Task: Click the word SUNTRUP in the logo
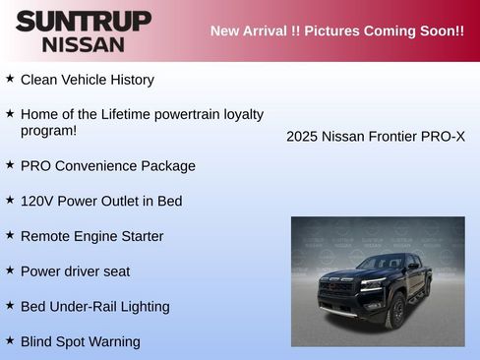pyautogui.click(x=84, y=21)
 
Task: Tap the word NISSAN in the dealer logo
pyautogui.click(x=84, y=44)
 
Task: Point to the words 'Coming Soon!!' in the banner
pyautogui.click(x=413, y=30)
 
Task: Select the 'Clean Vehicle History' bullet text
pyautogui.click(x=87, y=80)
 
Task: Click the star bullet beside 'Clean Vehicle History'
pyautogui.click(x=10, y=78)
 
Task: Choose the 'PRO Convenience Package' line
pyautogui.click(x=107, y=166)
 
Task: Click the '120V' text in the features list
pyautogui.click(x=36, y=201)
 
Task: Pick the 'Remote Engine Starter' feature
pyautogui.click(x=91, y=236)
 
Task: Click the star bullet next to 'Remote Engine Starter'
pyautogui.click(x=10, y=235)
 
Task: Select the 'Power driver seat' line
pyautogui.click(x=75, y=271)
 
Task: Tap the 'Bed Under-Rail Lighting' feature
pyautogui.click(x=94, y=307)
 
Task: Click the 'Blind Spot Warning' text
pyautogui.click(x=80, y=341)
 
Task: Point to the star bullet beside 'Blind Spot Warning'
pyautogui.click(x=10, y=340)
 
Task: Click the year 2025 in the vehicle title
pyautogui.click(x=302, y=137)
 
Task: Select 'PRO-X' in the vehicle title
pyautogui.click(x=443, y=137)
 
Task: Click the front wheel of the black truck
pyautogui.click(x=397, y=313)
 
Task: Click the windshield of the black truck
pyautogui.click(x=382, y=263)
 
